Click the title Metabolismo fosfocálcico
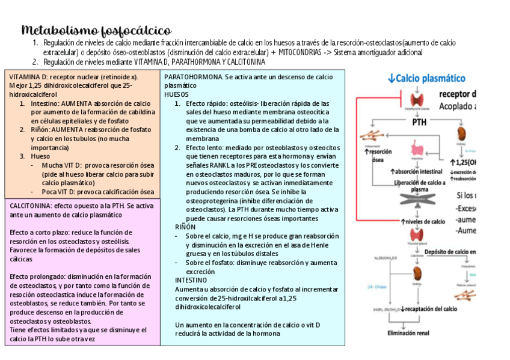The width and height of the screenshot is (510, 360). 96,30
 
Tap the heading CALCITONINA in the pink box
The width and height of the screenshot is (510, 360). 29,206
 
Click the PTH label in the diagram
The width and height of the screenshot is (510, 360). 419,122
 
